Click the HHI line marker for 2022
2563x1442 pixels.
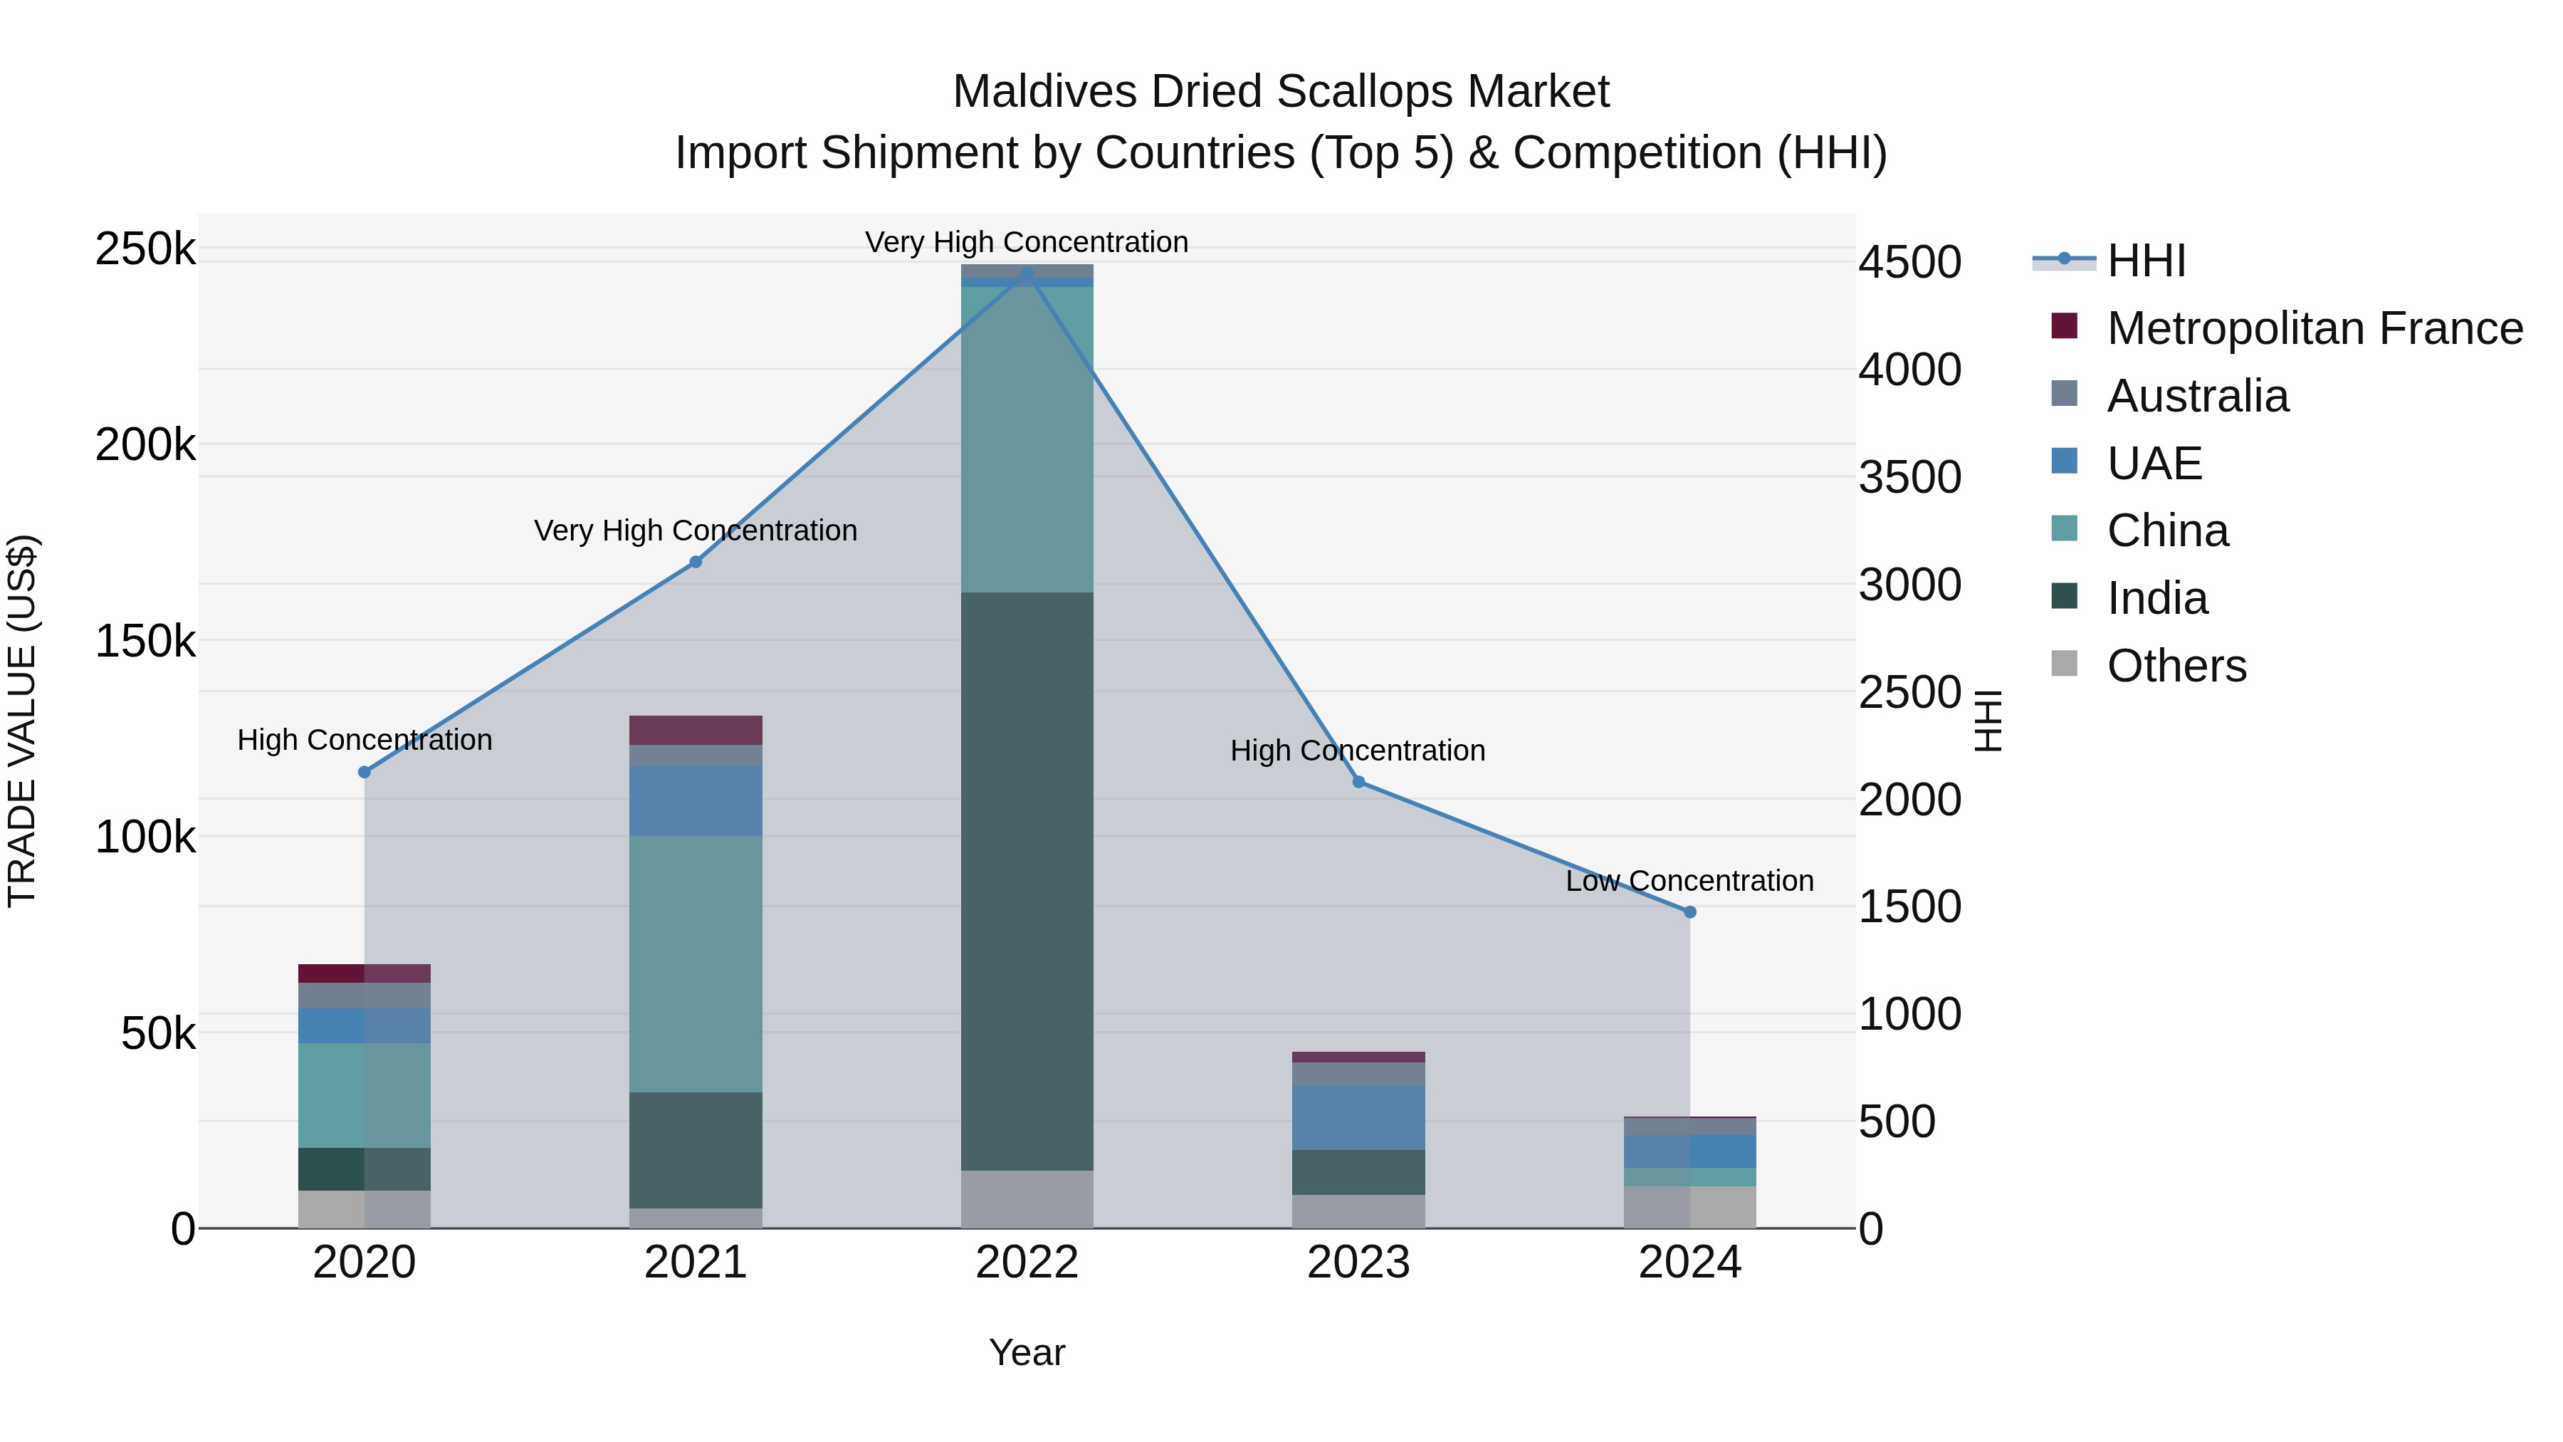pos(1027,273)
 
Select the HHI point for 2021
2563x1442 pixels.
pos(696,563)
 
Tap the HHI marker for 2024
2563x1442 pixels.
pos(1689,911)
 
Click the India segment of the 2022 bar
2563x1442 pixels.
pos(1027,881)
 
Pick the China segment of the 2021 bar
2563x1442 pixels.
pos(696,963)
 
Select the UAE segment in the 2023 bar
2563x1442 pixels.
pos(1358,1117)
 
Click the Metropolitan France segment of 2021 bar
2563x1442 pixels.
pos(696,729)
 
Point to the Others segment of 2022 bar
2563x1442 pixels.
pos(1027,1199)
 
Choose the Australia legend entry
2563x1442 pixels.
pos(2197,396)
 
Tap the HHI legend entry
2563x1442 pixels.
pos(2145,261)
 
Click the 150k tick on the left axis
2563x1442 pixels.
pos(145,642)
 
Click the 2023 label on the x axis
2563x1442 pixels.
pos(1358,1263)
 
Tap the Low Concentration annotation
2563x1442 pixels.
pos(1689,881)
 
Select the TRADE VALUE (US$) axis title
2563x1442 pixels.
pos(23,721)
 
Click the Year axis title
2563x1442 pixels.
pos(1027,1352)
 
